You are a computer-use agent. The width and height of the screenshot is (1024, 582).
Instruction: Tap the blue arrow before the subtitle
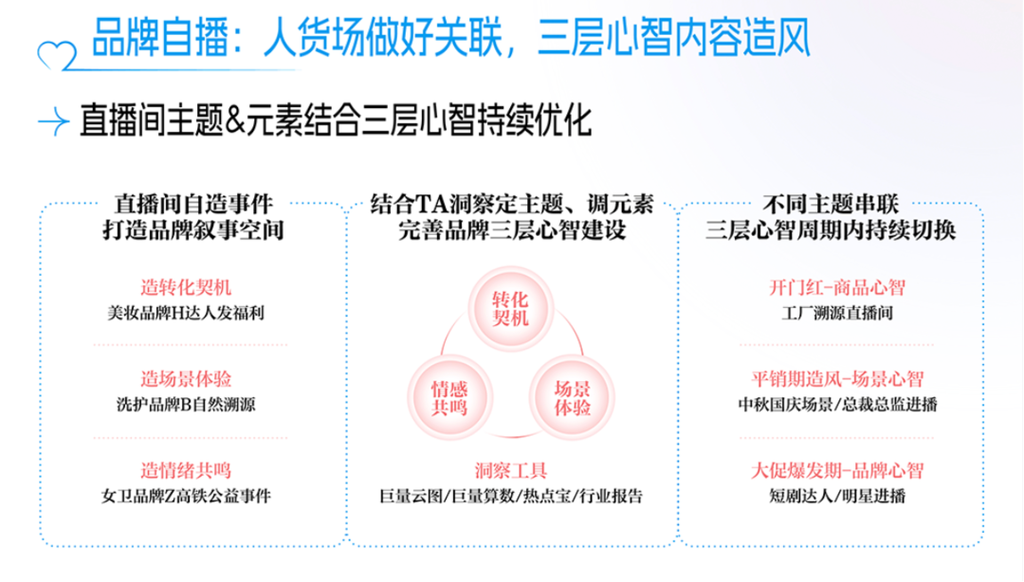coord(53,121)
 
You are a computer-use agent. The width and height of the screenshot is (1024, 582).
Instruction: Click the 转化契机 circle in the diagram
coord(511,308)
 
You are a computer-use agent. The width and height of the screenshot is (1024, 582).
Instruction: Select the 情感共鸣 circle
coord(449,398)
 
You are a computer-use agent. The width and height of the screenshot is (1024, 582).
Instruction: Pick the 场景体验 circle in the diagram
coord(572,398)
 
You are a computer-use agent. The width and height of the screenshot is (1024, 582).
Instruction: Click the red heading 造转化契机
coord(186,287)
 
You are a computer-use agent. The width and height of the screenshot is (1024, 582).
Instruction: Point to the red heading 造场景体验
coord(186,379)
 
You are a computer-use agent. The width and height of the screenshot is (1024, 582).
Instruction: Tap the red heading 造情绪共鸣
coord(186,470)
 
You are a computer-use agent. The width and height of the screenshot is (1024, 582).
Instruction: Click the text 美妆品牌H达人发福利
coord(186,313)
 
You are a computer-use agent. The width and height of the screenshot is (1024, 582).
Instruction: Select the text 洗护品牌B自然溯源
coord(186,405)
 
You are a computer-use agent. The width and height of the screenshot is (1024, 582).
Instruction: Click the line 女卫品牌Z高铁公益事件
coord(186,496)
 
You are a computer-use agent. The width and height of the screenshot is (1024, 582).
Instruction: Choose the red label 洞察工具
coord(511,470)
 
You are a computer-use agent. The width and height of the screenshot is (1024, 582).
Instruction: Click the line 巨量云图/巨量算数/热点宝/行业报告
coord(511,496)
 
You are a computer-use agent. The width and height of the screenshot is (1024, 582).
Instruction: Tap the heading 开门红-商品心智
coord(837,287)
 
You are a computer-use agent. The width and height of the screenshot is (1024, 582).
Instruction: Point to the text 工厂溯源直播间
coord(837,313)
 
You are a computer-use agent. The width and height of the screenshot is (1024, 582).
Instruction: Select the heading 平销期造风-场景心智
coord(837,379)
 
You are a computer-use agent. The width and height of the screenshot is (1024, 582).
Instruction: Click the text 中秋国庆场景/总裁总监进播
coord(837,405)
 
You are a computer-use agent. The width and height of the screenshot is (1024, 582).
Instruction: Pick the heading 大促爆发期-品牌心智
coord(837,470)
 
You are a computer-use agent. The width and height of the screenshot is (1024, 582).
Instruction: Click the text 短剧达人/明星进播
coord(837,496)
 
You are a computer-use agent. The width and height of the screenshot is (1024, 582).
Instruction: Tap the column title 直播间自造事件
coord(193,204)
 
